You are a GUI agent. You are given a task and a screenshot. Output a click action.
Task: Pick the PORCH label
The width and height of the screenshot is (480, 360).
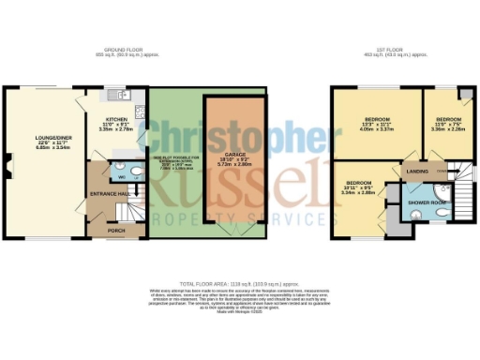click(116, 230)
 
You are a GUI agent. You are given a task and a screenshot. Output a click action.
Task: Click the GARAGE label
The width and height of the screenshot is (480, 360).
click(222, 153)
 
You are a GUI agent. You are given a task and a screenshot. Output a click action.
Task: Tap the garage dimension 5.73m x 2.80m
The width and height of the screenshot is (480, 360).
click(222, 164)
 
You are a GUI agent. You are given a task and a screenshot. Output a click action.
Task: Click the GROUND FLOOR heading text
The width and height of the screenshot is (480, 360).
click(125, 50)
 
